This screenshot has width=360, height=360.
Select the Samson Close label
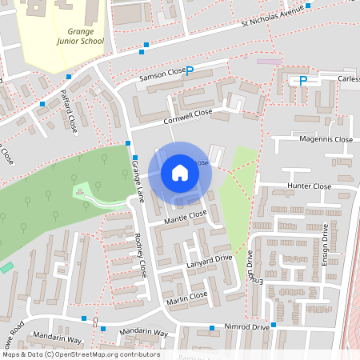tap(162, 74)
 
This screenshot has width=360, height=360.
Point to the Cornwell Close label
tap(188, 114)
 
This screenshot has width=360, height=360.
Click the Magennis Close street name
tap(326, 139)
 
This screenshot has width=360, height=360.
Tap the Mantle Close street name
tap(185, 216)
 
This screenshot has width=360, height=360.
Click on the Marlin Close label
tap(187, 298)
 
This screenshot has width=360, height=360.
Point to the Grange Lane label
tap(138, 182)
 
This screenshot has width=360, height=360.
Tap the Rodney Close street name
tap(141, 254)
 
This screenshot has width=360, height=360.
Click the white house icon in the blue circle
tap(180, 173)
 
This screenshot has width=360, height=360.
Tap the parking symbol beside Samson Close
tap(190, 70)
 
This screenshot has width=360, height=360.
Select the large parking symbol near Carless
tap(303, 80)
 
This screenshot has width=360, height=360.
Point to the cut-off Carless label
tap(349, 79)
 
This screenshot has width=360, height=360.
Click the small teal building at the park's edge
tap(6, 267)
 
